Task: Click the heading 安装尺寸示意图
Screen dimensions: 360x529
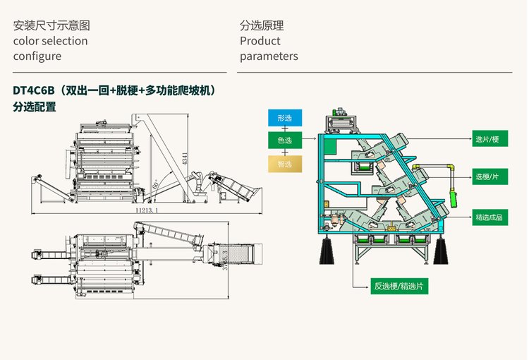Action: click(51, 26)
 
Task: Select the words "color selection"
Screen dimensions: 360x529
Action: click(51, 41)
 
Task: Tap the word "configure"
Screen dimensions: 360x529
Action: click(37, 56)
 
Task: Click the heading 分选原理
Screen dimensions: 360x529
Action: click(262, 26)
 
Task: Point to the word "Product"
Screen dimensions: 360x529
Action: click(260, 41)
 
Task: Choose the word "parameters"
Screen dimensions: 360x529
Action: click(269, 56)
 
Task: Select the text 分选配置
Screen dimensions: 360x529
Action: click(35, 107)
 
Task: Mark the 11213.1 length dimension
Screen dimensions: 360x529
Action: click(146, 210)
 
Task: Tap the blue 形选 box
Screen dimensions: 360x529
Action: click(285, 118)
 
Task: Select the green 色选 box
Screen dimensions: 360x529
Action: click(285, 141)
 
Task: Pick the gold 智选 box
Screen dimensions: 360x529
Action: click(285, 164)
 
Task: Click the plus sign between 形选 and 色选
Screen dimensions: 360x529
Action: click(285, 129)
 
